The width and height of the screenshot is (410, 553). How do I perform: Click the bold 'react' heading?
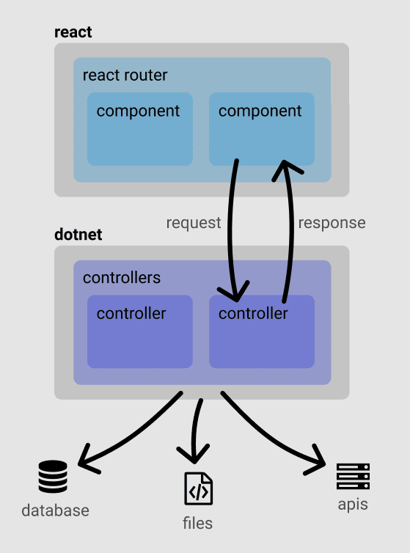pos(73,32)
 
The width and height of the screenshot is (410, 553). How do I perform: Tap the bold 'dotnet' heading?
pos(78,235)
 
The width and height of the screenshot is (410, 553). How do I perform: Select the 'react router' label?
pos(125,75)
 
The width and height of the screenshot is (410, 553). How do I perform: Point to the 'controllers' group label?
pos(122,278)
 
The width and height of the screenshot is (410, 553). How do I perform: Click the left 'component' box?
pos(140,129)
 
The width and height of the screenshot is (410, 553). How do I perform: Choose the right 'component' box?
pos(262,129)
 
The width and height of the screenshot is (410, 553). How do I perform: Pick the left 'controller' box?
pos(140,332)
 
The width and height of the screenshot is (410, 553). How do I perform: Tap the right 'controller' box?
pos(262,332)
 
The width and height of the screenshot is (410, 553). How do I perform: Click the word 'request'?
pos(194,223)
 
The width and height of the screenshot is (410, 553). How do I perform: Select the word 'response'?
pos(332,223)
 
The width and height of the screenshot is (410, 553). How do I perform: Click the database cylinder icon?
pos(53,477)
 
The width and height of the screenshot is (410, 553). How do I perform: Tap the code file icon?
pos(199,488)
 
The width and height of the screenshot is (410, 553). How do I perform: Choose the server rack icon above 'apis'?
pos(354,477)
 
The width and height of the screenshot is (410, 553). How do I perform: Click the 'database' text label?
pos(56,510)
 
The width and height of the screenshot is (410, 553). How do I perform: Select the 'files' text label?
pos(197,524)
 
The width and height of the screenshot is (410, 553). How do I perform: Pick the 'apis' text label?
pos(353,505)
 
